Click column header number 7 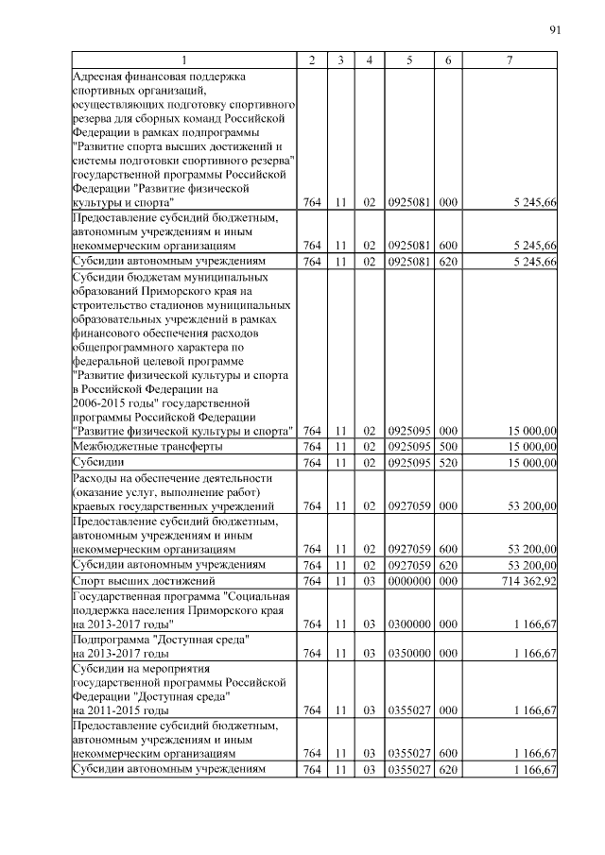pyautogui.click(x=510, y=60)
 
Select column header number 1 pyautogui.click(x=184, y=60)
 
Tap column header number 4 pyautogui.click(x=370, y=60)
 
